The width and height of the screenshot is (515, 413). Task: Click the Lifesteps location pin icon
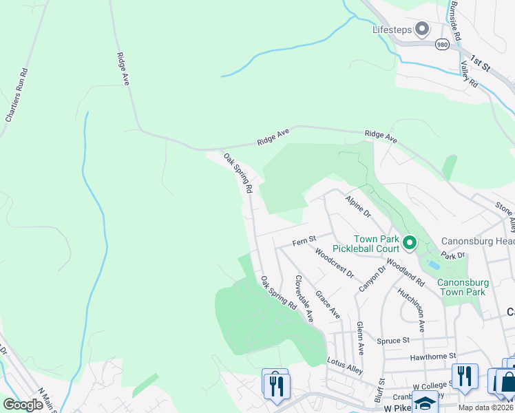(421, 29)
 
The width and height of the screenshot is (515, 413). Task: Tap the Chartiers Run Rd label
(14, 95)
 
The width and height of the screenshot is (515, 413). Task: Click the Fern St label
(303, 240)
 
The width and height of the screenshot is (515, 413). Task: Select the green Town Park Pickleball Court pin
(410, 242)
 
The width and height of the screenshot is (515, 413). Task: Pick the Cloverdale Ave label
(304, 299)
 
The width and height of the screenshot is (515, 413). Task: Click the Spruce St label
(393, 340)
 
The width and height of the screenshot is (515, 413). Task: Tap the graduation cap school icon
(425, 402)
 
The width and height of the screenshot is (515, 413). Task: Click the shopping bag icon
(507, 381)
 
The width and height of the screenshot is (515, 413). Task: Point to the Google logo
(23, 405)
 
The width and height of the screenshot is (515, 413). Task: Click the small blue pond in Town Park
(433, 265)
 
